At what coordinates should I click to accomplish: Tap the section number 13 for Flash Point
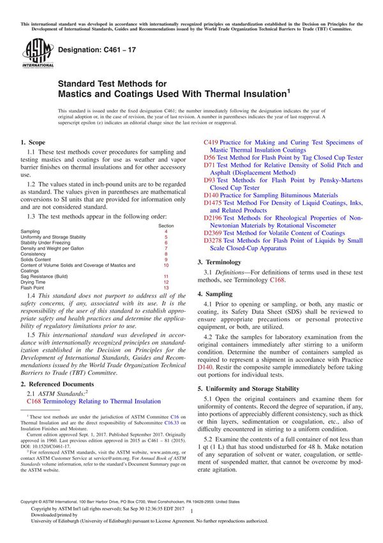tap(166, 287)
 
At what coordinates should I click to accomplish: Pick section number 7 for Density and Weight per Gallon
tap(166, 249)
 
